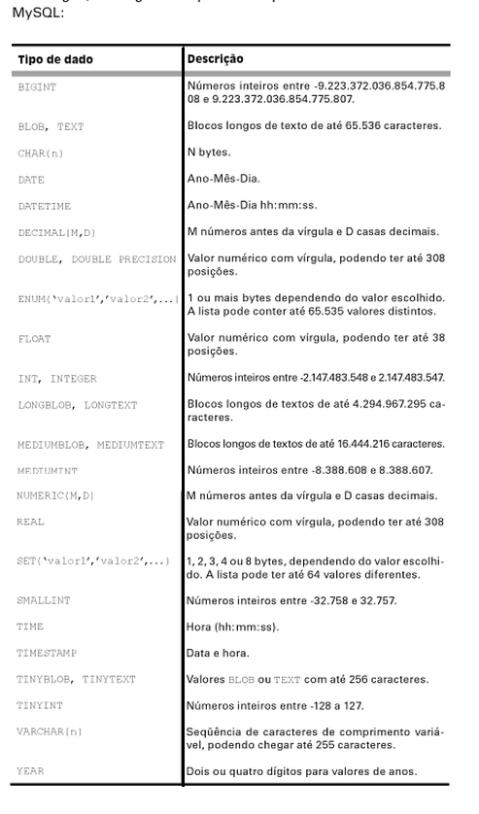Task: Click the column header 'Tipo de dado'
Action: pos(55,60)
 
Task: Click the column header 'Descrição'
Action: pos(216,59)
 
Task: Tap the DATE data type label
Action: pos(31,180)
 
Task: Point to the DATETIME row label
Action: pos(45,206)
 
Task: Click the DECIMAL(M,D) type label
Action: pos(57,233)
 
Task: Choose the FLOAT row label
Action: pos(34,339)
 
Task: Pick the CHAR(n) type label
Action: pos(40,153)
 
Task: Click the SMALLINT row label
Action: pos(44,600)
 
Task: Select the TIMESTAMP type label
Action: pos(47,654)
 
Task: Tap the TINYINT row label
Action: pos(41,706)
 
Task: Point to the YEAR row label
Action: pos(30,771)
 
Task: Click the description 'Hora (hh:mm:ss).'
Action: pos(232,627)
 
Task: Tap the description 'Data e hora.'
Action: pos(218,654)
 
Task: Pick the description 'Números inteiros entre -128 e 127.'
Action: pos(275,706)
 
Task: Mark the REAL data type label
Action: pos(30,523)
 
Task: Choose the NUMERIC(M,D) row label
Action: pos(56,495)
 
